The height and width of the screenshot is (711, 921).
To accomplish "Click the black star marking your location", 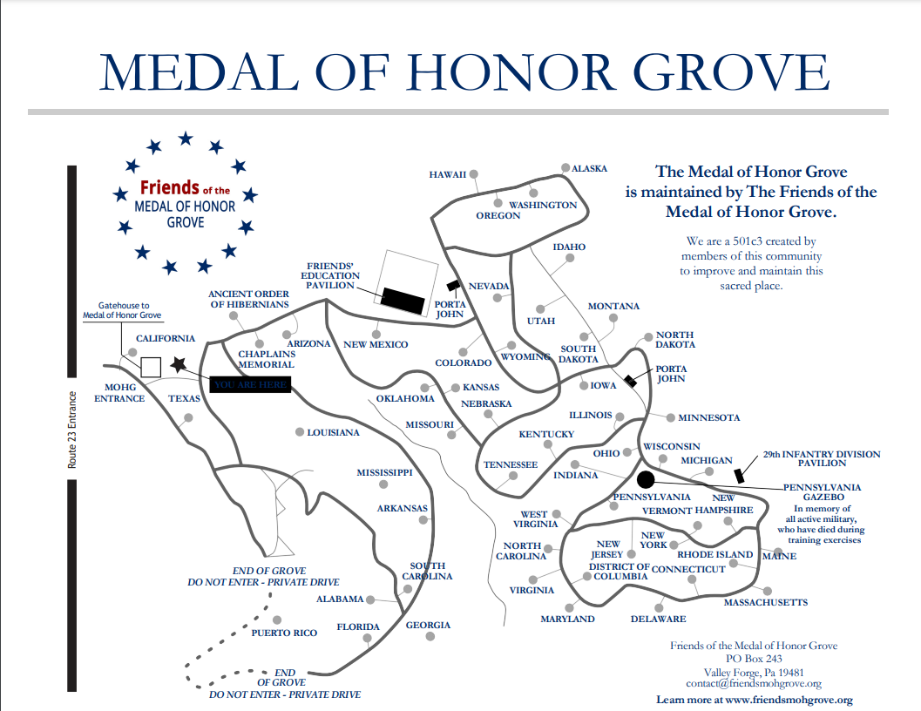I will tap(179, 365).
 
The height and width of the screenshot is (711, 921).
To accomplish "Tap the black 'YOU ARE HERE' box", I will tap(250, 384).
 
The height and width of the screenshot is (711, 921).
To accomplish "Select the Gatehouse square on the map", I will tap(151, 367).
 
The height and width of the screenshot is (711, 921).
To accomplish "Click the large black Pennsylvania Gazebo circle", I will tap(645, 478).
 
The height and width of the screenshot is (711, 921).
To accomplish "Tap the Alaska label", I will tap(589, 168).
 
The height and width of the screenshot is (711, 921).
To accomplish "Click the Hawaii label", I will tap(448, 174).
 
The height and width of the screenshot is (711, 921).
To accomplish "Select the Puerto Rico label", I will tap(284, 633).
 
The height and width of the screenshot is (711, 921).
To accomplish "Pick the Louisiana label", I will tap(333, 432).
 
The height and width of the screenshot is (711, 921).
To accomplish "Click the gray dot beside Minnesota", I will tap(671, 417).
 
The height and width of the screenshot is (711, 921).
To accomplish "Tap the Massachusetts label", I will tap(765, 602).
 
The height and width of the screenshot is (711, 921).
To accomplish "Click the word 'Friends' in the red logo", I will tap(169, 188).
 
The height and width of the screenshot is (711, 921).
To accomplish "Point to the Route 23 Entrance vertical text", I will tap(73, 430).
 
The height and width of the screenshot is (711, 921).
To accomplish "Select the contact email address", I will tap(754, 684).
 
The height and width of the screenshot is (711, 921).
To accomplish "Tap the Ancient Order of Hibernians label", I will tap(248, 299).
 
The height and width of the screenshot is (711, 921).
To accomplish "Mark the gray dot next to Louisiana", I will tap(299, 432).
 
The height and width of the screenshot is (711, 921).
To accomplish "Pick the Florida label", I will tap(358, 626).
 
